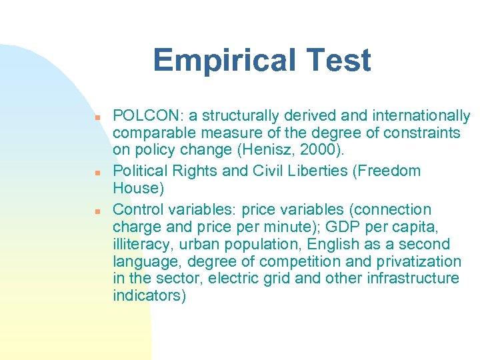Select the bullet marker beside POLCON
(x=97, y=117)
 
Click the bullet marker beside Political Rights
(x=97, y=171)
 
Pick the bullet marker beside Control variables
(x=97, y=210)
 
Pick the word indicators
(x=147, y=295)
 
